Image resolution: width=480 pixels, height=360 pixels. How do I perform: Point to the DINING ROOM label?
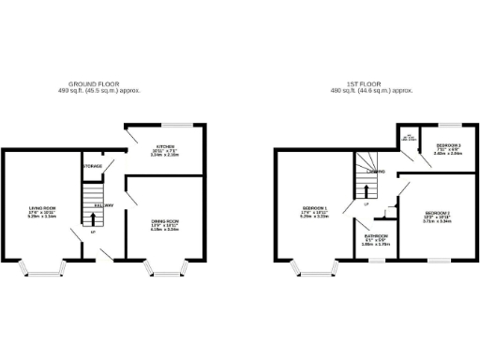point(165,223)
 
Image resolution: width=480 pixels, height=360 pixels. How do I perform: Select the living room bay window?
point(44,271)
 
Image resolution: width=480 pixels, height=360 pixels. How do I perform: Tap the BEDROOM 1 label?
point(314,209)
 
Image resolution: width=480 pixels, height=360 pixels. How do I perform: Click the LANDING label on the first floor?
point(375,172)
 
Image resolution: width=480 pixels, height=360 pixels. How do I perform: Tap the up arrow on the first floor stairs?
point(365,190)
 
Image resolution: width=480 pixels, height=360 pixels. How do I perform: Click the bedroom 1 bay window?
point(314,271)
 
